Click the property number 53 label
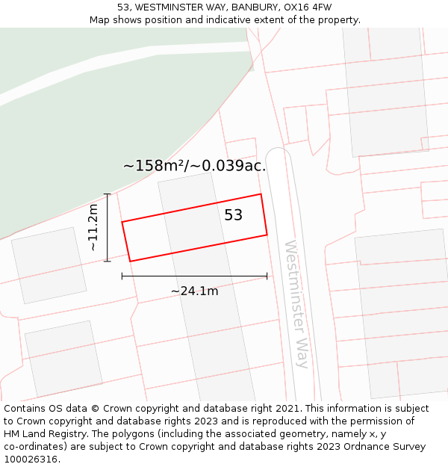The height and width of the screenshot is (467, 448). (234, 215)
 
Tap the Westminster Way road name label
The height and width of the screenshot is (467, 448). (296, 303)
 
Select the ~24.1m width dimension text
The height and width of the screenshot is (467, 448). (194, 291)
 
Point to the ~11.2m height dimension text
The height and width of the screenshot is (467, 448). (93, 227)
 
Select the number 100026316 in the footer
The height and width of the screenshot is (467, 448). (31, 460)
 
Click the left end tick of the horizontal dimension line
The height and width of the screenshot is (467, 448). (122, 276)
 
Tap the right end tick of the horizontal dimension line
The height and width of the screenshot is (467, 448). (267, 276)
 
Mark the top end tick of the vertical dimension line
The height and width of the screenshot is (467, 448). (108, 194)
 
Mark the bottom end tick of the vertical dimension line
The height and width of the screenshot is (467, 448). (108, 261)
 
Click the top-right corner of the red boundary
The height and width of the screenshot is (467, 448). (261, 194)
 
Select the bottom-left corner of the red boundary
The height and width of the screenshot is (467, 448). (131, 261)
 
